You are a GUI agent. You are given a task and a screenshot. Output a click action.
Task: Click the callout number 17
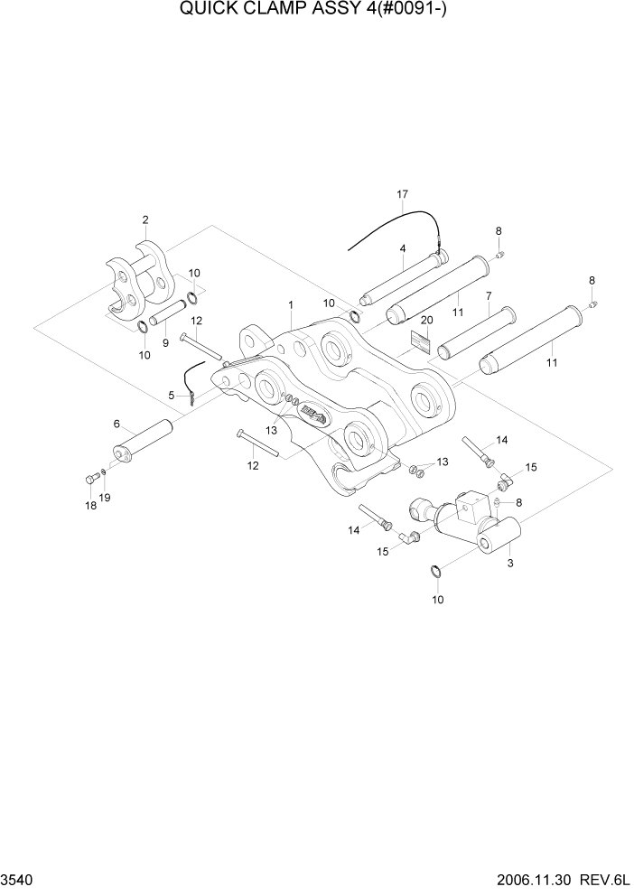(403, 194)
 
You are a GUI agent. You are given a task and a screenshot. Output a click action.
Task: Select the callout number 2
(145, 219)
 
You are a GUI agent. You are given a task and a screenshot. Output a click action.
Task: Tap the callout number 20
(427, 321)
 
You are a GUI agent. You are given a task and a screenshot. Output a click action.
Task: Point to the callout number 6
(117, 424)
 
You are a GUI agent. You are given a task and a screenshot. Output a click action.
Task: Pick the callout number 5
(171, 395)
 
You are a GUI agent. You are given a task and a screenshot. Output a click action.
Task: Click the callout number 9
(164, 343)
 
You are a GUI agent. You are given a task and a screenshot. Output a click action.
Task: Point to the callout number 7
(488, 295)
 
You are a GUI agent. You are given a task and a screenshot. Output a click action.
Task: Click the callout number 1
(290, 305)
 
